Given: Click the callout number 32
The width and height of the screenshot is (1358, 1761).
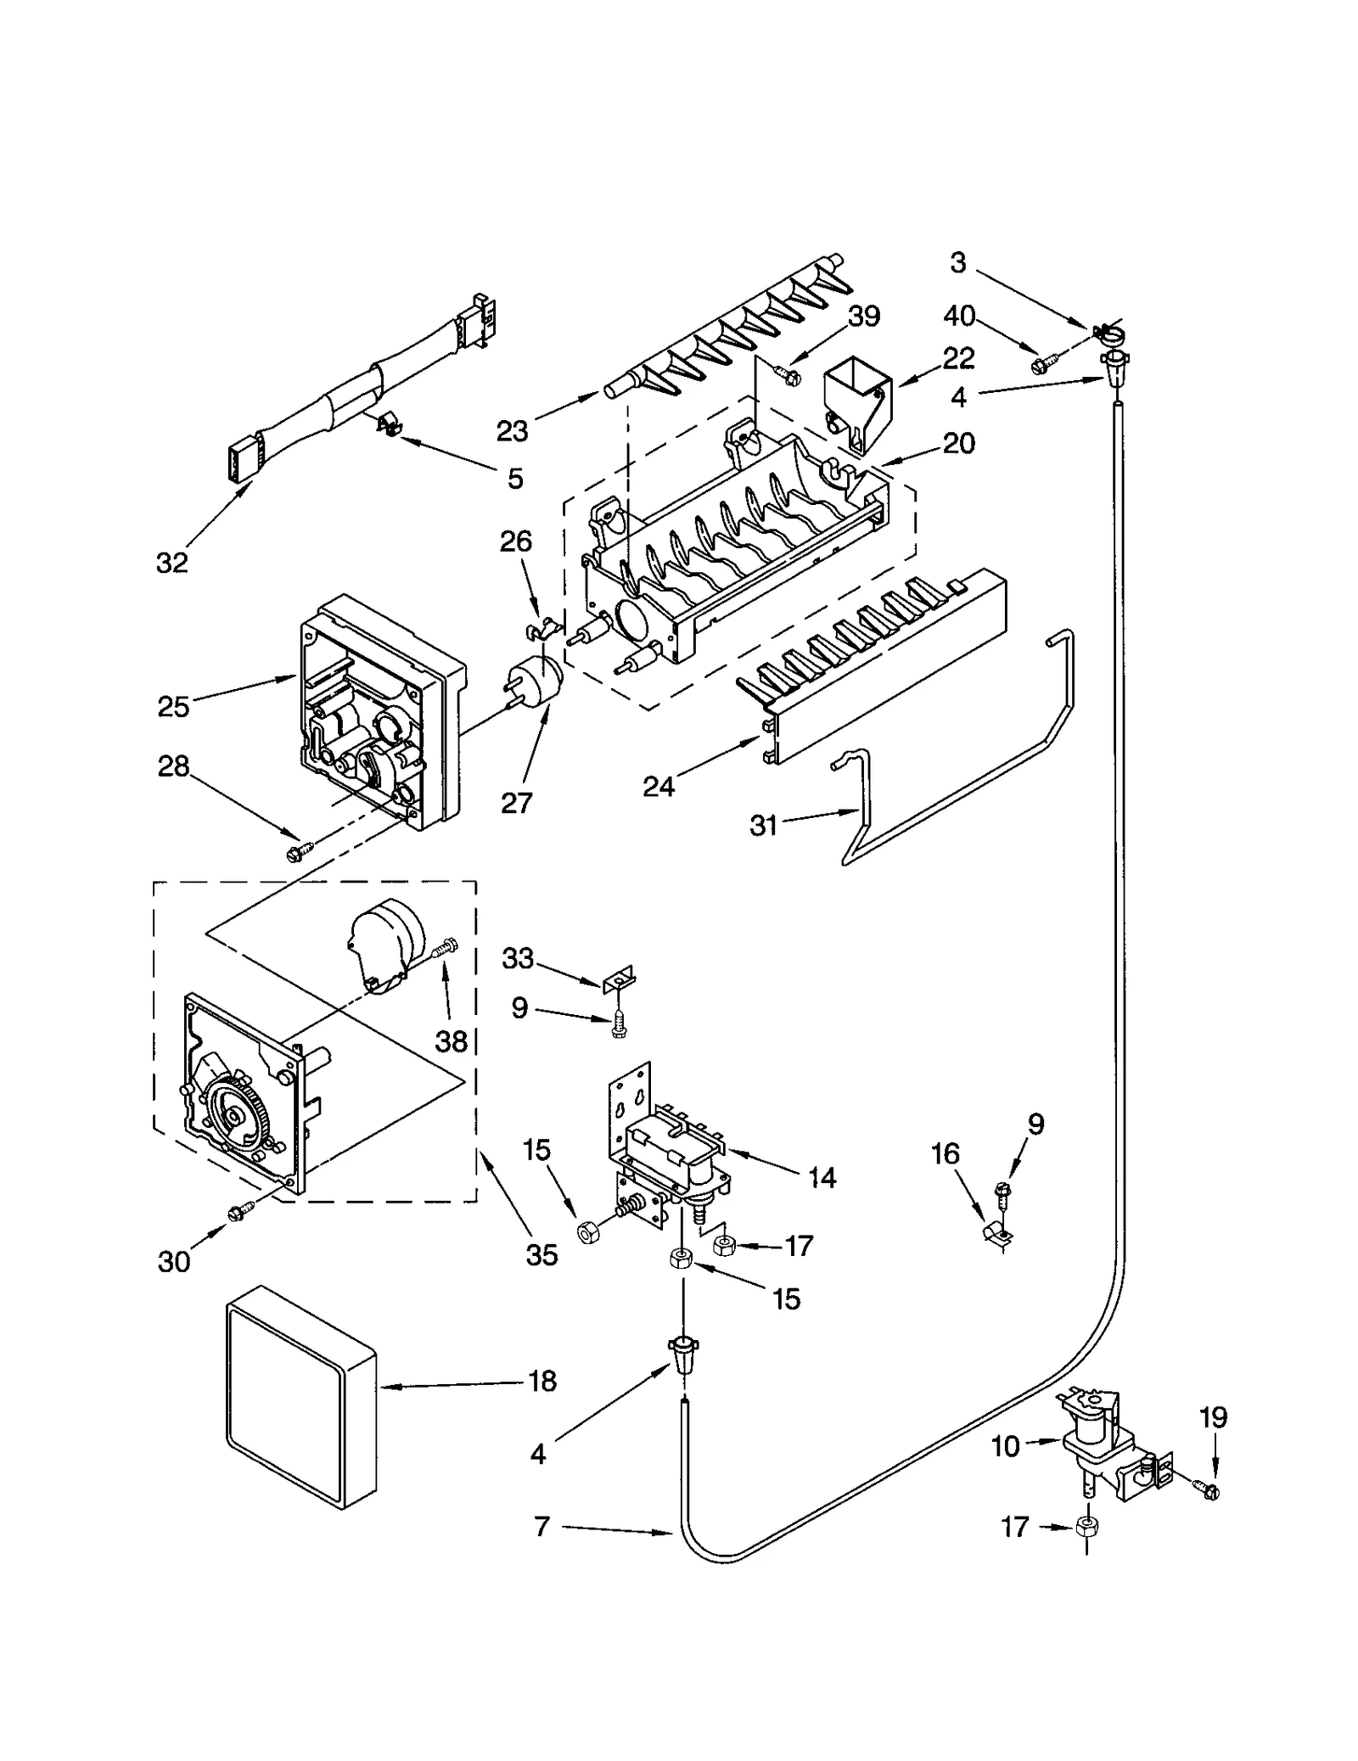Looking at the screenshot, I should pyautogui.click(x=171, y=562).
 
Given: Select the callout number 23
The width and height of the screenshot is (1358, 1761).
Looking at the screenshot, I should pyautogui.click(x=512, y=431).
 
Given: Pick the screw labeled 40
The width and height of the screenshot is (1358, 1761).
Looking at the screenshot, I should pyautogui.click(x=1042, y=364).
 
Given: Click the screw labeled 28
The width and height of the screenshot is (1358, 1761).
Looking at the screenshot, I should pyautogui.click(x=302, y=849).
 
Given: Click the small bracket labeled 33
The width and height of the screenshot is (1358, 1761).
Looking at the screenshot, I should pyautogui.click(x=620, y=980).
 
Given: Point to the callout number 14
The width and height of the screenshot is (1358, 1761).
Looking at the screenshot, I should pyautogui.click(x=822, y=1177).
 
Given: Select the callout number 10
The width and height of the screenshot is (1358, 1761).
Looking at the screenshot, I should pyautogui.click(x=1005, y=1446).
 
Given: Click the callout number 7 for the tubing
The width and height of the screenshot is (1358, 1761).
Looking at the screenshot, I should pyautogui.click(x=542, y=1527).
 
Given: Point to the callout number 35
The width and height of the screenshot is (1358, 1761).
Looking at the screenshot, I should pyautogui.click(x=542, y=1254).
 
